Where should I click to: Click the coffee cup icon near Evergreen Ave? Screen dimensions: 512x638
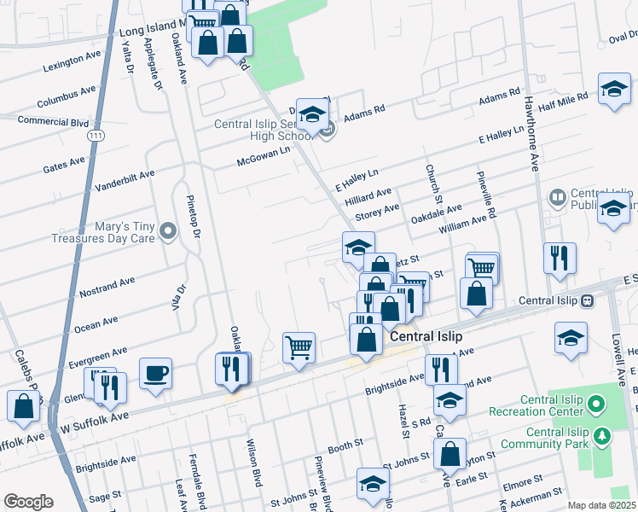tap(155, 374)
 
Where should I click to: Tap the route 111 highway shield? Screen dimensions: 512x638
tap(90, 136)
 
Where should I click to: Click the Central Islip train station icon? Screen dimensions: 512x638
tap(587, 301)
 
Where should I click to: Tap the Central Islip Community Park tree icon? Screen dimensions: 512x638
tap(603, 437)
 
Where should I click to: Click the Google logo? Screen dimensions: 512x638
tap(28, 502)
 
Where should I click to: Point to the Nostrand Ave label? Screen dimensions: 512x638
tap(107, 287)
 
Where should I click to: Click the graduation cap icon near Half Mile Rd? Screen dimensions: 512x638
tap(613, 90)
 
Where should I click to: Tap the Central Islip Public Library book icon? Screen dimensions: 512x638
tap(558, 199)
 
